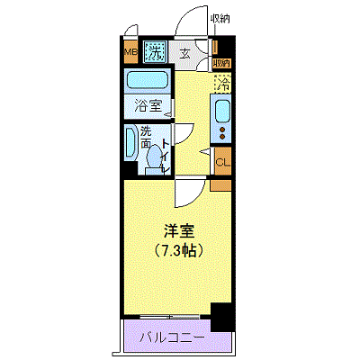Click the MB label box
[130, 51]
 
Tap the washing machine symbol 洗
[157, 51]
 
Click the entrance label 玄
[184, 52]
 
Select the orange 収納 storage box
[221, 64]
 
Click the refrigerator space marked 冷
[221, 85]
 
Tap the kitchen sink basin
[221, 112]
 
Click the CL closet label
[221, 162]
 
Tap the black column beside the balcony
[221, 317]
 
